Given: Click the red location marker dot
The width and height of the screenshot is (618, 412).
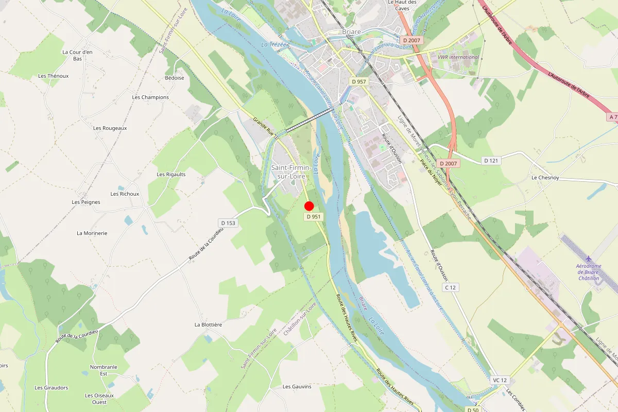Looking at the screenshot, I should click(x=309, y=207).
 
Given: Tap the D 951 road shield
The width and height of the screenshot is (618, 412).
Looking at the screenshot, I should click(x=314, y=217).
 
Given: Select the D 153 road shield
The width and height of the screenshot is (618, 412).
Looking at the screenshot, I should click(x=227, y=223).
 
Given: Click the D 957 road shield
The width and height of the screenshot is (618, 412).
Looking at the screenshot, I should click(x=359, y=82).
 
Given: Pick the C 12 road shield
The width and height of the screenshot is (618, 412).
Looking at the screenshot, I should click(x=451, y=287).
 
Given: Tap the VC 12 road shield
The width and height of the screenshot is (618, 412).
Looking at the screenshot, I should click(x=500, y=380).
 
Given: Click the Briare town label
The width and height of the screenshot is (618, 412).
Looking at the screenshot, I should click(x=352, y=32).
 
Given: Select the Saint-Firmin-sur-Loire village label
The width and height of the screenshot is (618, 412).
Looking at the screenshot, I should click(x=291, y=173).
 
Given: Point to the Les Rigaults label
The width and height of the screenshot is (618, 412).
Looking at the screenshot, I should click(x=171, y=175).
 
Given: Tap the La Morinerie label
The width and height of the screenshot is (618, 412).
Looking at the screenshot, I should click(x=92, y=233).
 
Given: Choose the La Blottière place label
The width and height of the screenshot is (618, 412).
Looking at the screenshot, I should click(x=208, y=325).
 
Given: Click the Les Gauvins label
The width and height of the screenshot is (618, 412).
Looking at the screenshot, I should click(x=297, y=386).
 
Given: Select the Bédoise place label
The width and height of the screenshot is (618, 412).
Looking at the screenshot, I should click(x=175, y=78).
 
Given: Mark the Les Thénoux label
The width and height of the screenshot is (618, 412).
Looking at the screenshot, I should click(x=54, y=76).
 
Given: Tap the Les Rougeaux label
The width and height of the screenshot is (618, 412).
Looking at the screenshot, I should click(x=110, y=128).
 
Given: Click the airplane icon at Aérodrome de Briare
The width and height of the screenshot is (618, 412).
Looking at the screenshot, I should click(x=589, y=259).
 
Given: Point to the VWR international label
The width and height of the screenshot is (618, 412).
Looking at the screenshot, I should click(x=458, y=57).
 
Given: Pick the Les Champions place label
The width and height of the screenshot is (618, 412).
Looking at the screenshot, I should click(x=150, y=97).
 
